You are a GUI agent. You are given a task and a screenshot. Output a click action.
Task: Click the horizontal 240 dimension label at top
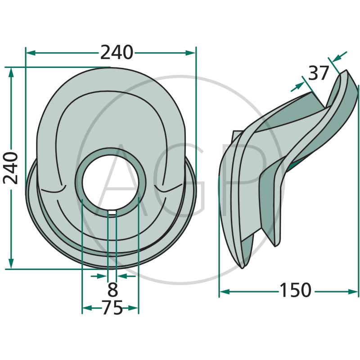117,53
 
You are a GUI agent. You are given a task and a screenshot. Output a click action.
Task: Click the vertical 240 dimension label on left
10,168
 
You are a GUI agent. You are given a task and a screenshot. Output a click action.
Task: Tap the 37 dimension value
319,73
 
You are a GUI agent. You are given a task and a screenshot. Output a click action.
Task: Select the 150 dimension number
295,290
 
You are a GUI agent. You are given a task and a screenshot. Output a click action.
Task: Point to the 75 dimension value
112,308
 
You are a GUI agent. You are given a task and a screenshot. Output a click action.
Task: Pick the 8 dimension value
112,289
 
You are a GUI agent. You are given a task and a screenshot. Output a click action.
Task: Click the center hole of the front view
110,182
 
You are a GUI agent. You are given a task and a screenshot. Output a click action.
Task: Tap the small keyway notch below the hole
112,213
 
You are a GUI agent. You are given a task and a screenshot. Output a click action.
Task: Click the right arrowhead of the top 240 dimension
190,53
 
